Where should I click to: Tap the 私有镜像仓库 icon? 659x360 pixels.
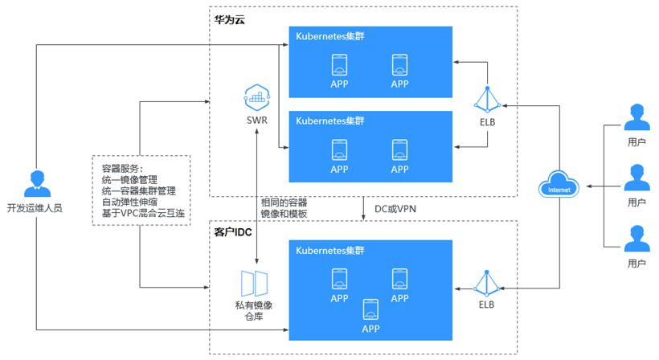tap(255, 284)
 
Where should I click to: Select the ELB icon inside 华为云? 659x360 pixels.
tap(488, 100)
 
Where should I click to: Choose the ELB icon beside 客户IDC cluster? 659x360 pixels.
tap(487, 284)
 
